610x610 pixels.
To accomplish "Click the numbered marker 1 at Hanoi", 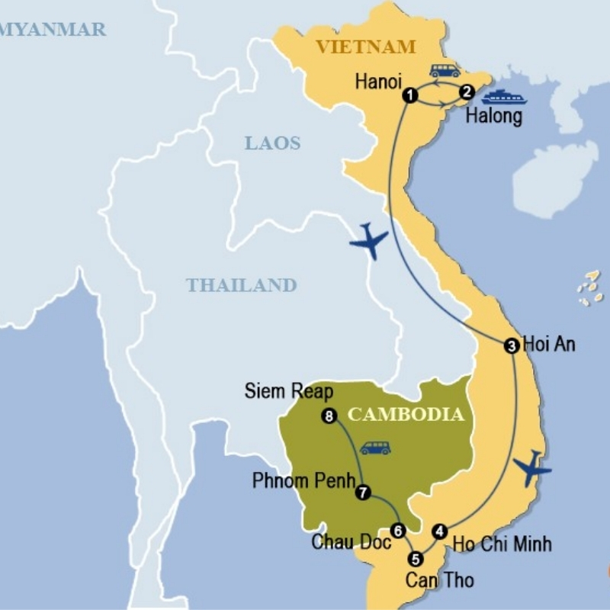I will coord(411,95).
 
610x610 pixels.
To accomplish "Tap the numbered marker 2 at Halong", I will coord(467,92).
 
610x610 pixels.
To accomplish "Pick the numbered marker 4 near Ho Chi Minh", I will coord(439,531).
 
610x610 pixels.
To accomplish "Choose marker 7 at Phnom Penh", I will coord(363,493).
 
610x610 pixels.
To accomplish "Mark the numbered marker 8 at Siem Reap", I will coord(329,416).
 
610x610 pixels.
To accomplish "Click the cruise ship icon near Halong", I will coord(504,97).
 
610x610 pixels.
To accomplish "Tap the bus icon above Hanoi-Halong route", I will coord(445,71).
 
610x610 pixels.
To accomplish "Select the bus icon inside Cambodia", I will coord(375,448).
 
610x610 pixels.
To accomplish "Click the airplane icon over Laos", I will coord(369,242).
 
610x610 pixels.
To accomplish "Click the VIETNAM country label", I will coord(366,47).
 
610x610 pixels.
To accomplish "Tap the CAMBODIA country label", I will coord(406,415).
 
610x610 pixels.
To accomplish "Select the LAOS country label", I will coord(272,143).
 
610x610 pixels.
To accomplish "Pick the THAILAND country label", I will coord(241,285).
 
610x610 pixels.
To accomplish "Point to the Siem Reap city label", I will coord(289,391).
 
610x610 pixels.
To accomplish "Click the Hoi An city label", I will coord(549,345).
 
